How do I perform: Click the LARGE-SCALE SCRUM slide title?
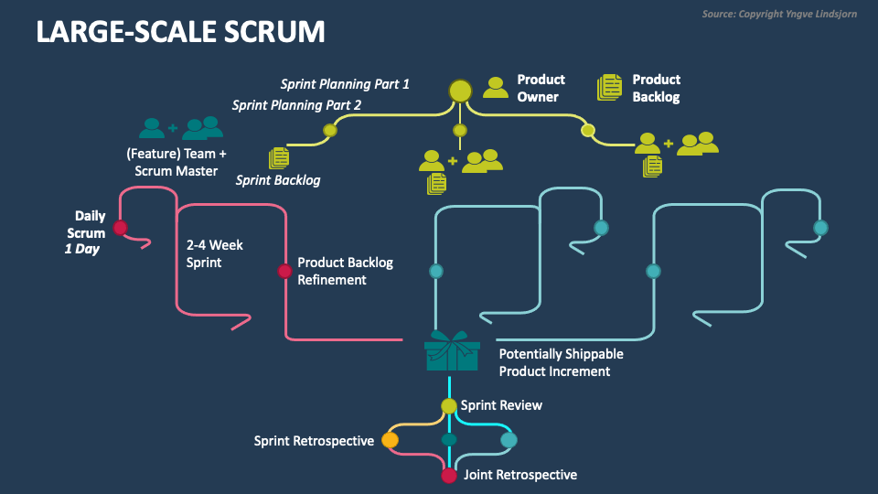point(180,32)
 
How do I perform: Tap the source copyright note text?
point(779,14)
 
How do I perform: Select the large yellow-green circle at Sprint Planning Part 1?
point(460,90)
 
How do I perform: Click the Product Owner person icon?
point(496,88)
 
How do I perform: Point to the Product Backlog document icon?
point(610,87)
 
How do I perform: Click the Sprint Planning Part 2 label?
point(296,105)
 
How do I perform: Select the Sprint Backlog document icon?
point(278,158)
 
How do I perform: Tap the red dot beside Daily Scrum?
point(120,227)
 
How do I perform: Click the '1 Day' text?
point(82,249)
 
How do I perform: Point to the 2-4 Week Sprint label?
point(215,253)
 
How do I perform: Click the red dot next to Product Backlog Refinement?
point(284,271)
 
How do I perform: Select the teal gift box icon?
point(451,351)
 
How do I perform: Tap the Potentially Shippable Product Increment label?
point(561,362)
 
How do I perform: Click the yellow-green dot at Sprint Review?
point(449,406)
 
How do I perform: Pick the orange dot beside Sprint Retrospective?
point(390,441)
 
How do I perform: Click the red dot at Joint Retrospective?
point(449,476)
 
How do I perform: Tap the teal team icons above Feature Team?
point(181,127)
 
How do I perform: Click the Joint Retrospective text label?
point(520,475)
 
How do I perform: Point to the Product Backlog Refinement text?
point(345,271)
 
